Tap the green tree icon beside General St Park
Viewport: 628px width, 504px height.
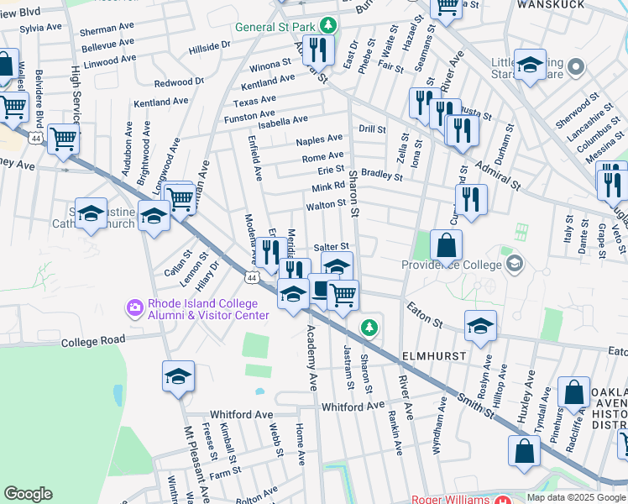(x=331, y=26)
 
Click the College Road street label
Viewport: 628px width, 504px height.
(x=93, y=340)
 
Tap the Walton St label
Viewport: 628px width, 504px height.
(x=327, y=204)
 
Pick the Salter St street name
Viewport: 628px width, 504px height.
(x=330, y=247)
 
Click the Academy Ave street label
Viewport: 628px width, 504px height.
(x=312, y=370)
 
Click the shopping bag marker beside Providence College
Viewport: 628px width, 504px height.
(x=447, y=245)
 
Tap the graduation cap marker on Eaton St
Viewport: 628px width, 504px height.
(x=480, y=326)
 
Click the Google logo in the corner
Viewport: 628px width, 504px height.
(x=29, y=494)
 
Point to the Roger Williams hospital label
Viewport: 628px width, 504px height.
(x=452, y=499)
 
